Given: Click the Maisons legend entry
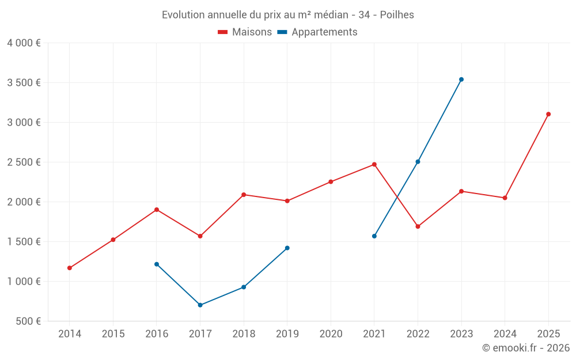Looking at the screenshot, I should click(245, 32).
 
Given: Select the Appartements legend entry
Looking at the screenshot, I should click(317, 32).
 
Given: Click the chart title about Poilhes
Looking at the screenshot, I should click(288, 15).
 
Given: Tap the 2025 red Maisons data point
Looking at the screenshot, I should click(548, 114).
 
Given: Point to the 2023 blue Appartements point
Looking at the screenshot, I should click(461, 79).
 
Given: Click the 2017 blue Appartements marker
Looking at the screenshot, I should click(200, 305).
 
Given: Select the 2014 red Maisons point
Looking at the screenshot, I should click(70, 268).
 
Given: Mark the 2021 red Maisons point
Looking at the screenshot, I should click(374, 164).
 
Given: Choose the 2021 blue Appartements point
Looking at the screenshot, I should click(374, 236).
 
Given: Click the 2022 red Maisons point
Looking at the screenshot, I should click(418, 226).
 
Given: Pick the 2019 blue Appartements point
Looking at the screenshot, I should click(287, 248).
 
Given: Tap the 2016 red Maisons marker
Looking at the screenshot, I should click(157, 210).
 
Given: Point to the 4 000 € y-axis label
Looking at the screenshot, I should click(24, 43).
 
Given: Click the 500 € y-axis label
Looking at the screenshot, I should click(27, 321).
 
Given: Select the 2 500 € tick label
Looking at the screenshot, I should click(24, 162).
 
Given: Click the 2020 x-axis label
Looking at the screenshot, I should click(331, 334).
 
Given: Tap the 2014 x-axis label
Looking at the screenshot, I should click(70, 334).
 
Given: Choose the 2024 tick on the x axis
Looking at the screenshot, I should click(505, 334).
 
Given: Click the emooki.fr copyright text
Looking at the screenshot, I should click(525, 348).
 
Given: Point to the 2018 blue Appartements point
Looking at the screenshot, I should click(244, 287).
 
